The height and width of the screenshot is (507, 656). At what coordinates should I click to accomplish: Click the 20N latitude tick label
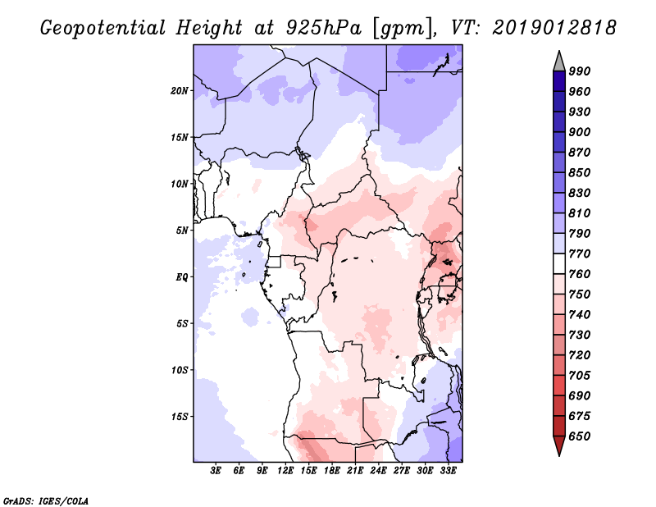pyautogui.click(x=180, y=91)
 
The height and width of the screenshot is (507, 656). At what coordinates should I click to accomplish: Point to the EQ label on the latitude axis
pyautogui.click(x=181, y=277)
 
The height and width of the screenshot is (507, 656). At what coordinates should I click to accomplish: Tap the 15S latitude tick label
pyautogui.click(x=180, y=417)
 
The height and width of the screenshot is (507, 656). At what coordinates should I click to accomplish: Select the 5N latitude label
pyautogui.click(x=182, y=231)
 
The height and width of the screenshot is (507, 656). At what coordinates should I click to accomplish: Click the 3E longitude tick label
pyautogui.click(x=216, y=471)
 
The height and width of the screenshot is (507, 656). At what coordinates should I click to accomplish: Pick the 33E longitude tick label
pyautogui.click(x=448, y=471)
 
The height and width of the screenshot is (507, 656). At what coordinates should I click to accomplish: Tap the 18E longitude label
pyautogui.click(x=332, y=471)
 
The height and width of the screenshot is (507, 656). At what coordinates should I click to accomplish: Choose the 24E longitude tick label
pyautogui.click(x=378, y=471)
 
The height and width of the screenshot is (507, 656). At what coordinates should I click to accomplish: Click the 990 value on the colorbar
pyautogui.click(x=580, y=71)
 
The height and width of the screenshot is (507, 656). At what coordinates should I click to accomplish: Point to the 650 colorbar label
pyautogui.click(x=580, y=436)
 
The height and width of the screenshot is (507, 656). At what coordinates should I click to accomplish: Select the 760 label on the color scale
pyautogui.click(x=580, y=274)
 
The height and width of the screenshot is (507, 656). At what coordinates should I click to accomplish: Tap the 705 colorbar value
pyautogui.click(x=580, y=376)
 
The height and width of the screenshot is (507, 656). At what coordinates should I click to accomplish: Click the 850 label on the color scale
pyautogui.click(x=580, y=173)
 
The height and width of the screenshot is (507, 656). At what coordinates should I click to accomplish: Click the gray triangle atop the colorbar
pyautogui.click(x=559, y=62)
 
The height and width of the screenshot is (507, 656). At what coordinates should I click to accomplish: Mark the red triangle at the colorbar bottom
pyautogui.click(x=559, y=445)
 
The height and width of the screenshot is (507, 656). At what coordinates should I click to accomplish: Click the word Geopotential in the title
pyautogui.click(x=103, y=29)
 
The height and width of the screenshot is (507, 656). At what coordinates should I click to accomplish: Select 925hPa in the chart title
pyautogui.click(x=324, y=28)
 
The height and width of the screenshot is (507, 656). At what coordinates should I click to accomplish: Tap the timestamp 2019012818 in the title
pyautogui.click(x=554, y=28)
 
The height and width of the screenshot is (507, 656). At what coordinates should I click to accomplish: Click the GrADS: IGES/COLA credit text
pyautogui.click(x=46, y=500)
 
